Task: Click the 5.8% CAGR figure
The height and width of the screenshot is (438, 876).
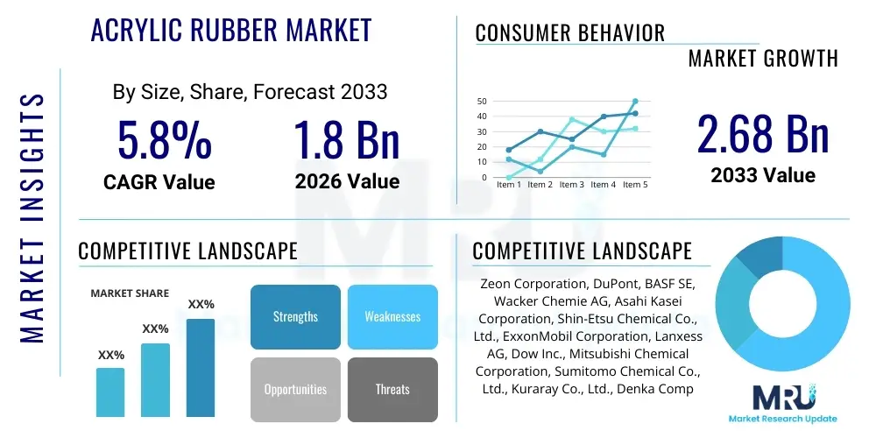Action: pyautogui.click(x=164, y=140)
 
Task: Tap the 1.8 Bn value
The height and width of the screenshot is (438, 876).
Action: pyautogui.click(x=347, y=140)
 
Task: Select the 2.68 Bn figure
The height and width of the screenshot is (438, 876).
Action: pyautogui.click(x=763, y=134)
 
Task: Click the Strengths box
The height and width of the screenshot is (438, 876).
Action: pyautogui.click(x=295, y=316)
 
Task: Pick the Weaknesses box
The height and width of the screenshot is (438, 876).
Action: pyautogui.click(x=392, y=316)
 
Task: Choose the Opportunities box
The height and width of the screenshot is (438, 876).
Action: pyautogui.click(x=295, y=389)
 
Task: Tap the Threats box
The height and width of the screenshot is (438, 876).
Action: pyautogui.click(x=392, y=389)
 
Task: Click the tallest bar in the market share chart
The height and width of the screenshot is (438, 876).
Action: pyautogui.click(x=201, y=367)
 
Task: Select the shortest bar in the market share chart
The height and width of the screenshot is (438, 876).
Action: pyautogui.click(x=110, y=392)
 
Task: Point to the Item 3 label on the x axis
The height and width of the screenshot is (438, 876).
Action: pyautogui.click(x=571, y=185)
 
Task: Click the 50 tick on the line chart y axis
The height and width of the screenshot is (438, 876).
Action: pyautogui.click(x=481, y=102)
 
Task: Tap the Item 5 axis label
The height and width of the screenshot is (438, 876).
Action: pyautogui.click(x=634, y=185)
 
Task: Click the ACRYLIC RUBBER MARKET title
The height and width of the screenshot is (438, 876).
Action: pyautogui.click(x=231, y=31)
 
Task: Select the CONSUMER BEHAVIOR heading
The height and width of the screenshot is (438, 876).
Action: pyautogui.click(x=570, y=33)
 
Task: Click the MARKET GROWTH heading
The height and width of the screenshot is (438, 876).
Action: pyautogui.click(x=763, y=59)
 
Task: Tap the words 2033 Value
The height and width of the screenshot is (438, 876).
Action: pyautogui.click(x=763, y=175)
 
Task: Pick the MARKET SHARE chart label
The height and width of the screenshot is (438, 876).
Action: pyautogui.click(x=131, y=293)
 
